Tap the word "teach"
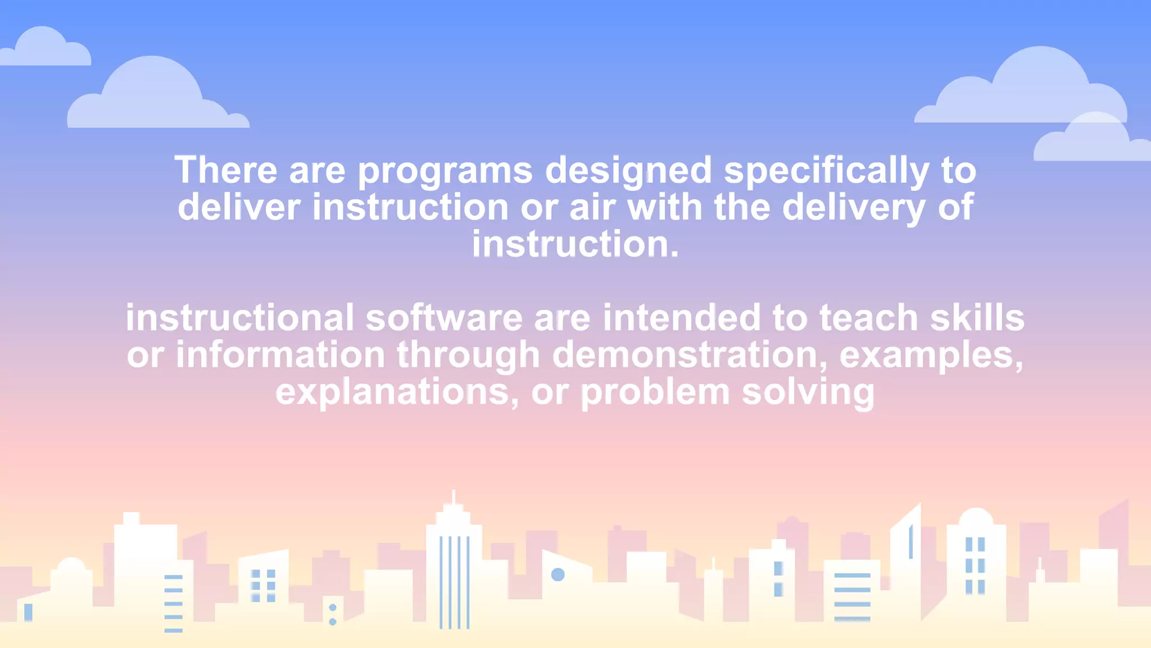click(x=869, y=318)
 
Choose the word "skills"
click(x=977, y=318)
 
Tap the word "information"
click(x=280, y=355)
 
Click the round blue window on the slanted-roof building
click(x=558, y=574)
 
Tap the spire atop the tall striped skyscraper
click(x=454, y=498)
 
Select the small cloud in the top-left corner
click(x=45, y=48)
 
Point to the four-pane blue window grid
click(x=263, y=586)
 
